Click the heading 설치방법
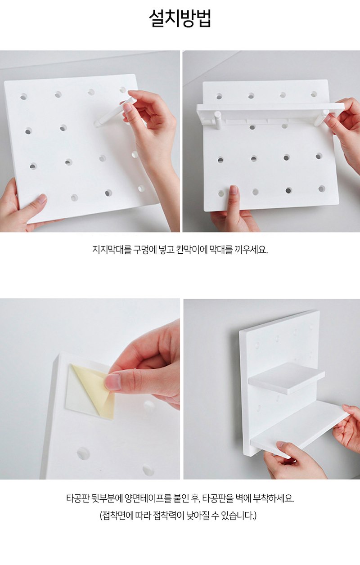tap(180, 18)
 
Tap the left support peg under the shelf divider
tap(217, 119)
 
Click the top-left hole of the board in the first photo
tap(24, 96)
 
